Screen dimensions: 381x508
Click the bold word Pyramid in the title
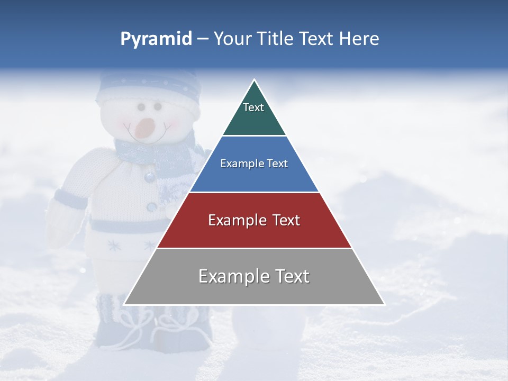[x=156, y=39]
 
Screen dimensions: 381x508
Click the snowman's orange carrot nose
[x=144, y=128]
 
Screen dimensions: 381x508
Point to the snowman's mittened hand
[x=61, y=222]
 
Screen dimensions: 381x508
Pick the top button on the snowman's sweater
[x=150, y=177]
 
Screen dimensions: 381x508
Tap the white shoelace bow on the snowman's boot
[x=132, y=320]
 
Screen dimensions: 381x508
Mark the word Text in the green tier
[x=253, y=107]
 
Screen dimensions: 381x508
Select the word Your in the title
[x=231, y=39]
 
